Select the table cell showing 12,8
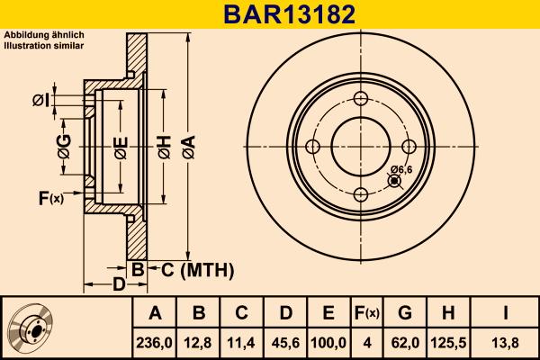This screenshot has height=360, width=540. (x=199, y=342)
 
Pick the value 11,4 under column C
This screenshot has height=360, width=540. (x=242, y=342)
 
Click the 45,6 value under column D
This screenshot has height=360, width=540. (x=285, y=342)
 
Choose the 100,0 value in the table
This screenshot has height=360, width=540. (x=328, y=342)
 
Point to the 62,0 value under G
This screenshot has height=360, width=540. (x=405, y=342)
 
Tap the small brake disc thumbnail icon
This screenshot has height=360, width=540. (x=34, y=328)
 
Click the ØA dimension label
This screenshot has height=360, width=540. (x=187, y=148)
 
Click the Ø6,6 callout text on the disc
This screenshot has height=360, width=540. (x=401, y=169)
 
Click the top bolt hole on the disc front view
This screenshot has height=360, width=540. (x=360, y=100)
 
